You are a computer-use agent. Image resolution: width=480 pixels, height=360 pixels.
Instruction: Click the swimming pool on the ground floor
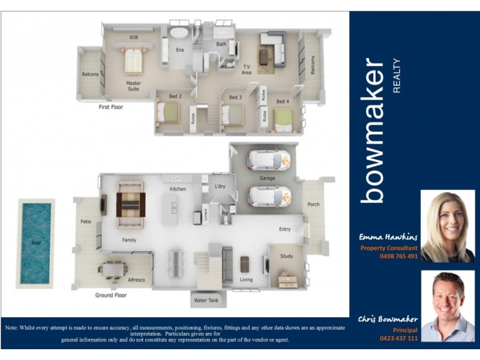36,242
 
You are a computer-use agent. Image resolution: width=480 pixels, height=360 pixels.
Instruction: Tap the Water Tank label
205,300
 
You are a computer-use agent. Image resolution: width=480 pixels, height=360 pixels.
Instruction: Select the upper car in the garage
269,160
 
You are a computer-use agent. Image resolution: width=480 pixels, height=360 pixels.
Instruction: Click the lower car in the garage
269,196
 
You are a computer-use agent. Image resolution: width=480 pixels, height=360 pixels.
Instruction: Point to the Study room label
287,256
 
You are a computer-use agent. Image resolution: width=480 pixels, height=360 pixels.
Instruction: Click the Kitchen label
178,189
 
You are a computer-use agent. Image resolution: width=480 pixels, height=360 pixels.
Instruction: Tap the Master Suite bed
133,61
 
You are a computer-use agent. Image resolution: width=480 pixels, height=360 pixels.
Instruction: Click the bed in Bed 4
283,118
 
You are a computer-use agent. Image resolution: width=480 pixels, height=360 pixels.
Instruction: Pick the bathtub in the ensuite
179,33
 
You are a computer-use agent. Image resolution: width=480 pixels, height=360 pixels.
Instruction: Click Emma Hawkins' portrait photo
448,226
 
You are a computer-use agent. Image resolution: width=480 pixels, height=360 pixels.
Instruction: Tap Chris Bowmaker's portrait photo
448,306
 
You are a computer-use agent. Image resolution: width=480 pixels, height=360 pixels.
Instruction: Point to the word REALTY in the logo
396,76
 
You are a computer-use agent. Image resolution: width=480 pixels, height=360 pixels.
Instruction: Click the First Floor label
111,107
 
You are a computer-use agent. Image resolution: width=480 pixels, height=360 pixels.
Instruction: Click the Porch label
313,205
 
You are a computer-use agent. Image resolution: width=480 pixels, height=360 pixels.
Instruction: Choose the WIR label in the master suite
134,37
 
